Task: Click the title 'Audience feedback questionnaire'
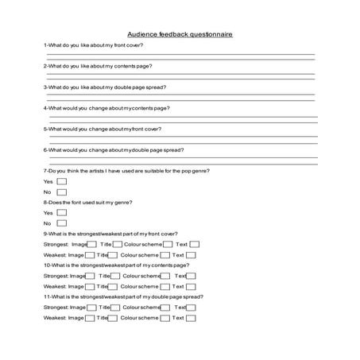point(180,35)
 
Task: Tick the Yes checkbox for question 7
point(62,182)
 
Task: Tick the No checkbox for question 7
point(62,192)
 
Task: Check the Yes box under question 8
point(62,213)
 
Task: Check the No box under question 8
point(62,223)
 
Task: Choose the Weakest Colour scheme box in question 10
point(167,286)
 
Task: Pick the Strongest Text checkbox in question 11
point(193,307)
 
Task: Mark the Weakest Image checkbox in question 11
point(91,318)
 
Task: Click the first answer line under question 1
point(180,53)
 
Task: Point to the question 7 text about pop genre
point(126,171)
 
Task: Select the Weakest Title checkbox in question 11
point(112,318)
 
